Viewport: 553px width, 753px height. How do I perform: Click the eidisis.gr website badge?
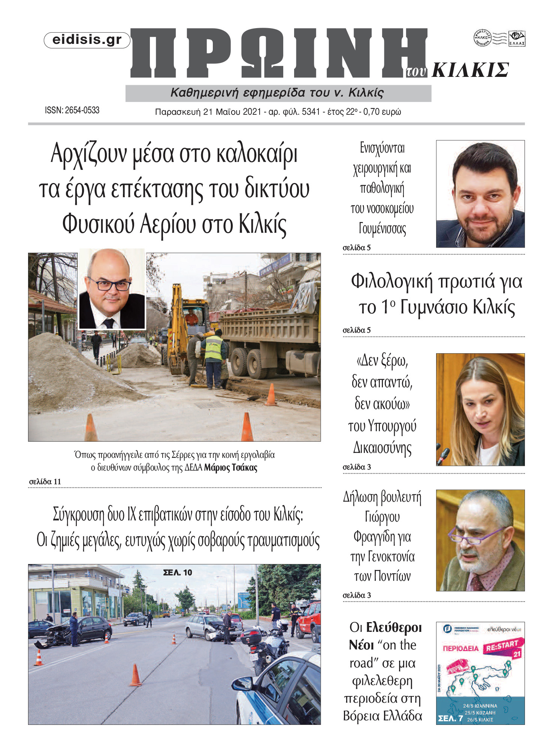tap(87, 40)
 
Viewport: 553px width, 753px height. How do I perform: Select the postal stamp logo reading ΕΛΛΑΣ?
tap(517, 39)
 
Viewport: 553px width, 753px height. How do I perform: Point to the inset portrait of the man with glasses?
tap(112, 289)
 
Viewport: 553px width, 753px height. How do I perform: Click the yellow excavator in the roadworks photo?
tap(180, 330)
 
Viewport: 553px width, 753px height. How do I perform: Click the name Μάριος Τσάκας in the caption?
tap(230, 468)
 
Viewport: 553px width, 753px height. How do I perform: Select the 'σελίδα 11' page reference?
tap(45, 481)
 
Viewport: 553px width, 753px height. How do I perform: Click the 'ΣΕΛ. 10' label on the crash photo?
tap(178, 572)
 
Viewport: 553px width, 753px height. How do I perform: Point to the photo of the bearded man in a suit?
tap(480, 194)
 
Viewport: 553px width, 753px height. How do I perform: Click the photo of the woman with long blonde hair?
tap(480, 409)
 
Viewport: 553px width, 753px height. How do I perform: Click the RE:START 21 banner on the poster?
tap(503, 647)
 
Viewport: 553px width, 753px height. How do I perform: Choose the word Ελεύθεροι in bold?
tap(394, 627)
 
